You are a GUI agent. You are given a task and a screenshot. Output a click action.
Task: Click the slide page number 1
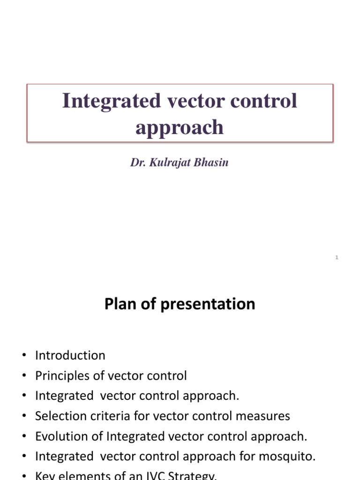(337, 257)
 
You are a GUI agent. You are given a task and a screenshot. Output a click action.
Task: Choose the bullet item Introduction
(70, 355)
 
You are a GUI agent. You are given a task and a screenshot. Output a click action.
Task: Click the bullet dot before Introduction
(23, 356)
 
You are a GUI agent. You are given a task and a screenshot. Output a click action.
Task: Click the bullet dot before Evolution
(23, 437)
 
